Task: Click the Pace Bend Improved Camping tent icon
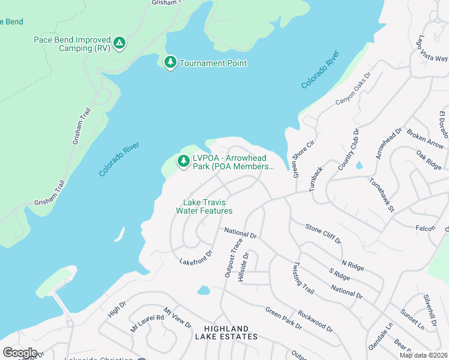pos(119,43)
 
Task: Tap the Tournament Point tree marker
pos(170,62)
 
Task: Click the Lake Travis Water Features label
pos(204,206)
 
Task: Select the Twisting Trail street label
pos(304,278)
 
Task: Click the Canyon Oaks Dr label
pos(354,89)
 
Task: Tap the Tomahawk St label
pos(381,194)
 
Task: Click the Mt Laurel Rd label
pos(148,323)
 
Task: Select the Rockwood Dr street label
pos(315,321)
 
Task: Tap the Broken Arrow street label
pos(425,139)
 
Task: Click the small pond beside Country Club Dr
pos(359,165)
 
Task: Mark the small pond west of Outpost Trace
pos(203,290)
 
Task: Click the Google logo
pos(20,352)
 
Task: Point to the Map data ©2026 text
pos(423,355)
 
